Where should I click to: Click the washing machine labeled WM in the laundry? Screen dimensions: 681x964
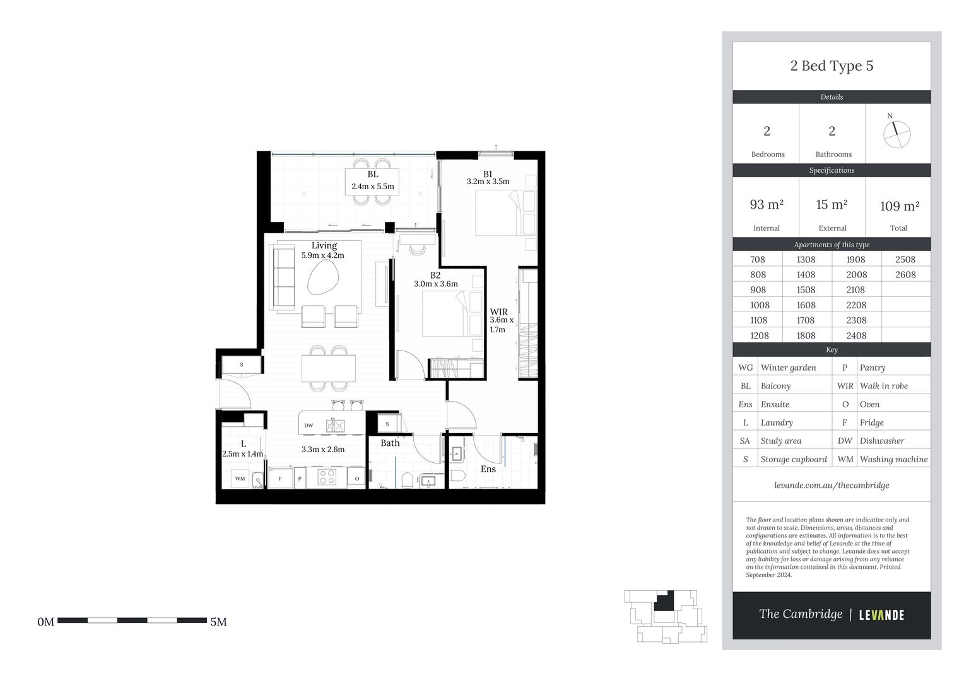point(240,479)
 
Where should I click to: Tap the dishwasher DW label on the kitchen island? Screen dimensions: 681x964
point(309,426)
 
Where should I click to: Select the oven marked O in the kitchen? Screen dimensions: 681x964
point(356,479)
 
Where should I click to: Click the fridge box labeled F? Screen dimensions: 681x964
point(280,479)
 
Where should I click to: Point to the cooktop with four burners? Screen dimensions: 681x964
point(326,477)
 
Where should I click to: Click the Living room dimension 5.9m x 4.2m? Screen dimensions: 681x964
point(323,255)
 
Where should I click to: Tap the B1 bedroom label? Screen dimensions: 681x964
point(488,174)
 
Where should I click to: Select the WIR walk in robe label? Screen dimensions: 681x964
point(498,311)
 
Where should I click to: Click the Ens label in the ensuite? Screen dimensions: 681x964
point(488,469)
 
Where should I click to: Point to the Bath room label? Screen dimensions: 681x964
point(390,443)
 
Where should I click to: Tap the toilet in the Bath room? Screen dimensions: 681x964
point(407,480)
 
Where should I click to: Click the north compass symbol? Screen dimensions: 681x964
point(896,134)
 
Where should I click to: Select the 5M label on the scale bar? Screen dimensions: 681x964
point(218,622)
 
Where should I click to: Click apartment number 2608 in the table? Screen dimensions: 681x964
point(905,274)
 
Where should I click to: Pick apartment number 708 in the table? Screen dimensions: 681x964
point(758,259)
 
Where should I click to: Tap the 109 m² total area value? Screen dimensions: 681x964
point(899,206)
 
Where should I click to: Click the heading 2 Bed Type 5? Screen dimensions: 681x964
point(832,66)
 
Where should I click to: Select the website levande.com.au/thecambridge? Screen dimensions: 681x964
point(832,485)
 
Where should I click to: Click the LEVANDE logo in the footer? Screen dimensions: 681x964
point(881,615)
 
